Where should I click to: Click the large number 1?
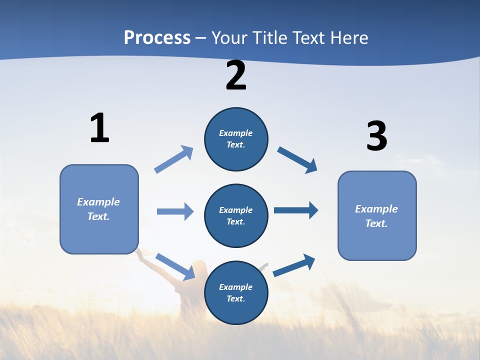click(x=99, y=128)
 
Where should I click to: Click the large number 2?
click(x=236, y=76)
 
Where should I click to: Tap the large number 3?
click(x=376, y=136)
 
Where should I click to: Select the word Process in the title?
click(x=157, y=37)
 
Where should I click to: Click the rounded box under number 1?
click(x=99, y=209)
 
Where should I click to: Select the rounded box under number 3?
click(x=377, y=215)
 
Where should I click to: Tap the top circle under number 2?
click(x=236, y=139)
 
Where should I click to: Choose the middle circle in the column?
click(x=236, y=216)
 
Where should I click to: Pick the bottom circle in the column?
click(x=236, y=293)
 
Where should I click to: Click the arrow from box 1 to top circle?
click(x=173, y=159)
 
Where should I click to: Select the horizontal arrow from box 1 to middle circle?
click(x=175, y=211)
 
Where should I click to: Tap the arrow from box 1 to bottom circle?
click(x=175, y=266)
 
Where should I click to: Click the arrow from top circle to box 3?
click(x=297, y=160)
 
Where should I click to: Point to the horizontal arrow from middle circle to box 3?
click(x=296, y=210)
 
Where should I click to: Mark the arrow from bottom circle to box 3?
click(x=294, y=265)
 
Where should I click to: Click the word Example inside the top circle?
click(x=236, y=133)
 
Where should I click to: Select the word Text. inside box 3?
click(x=376, y=223)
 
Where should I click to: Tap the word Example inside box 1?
click(x=98, y=202)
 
